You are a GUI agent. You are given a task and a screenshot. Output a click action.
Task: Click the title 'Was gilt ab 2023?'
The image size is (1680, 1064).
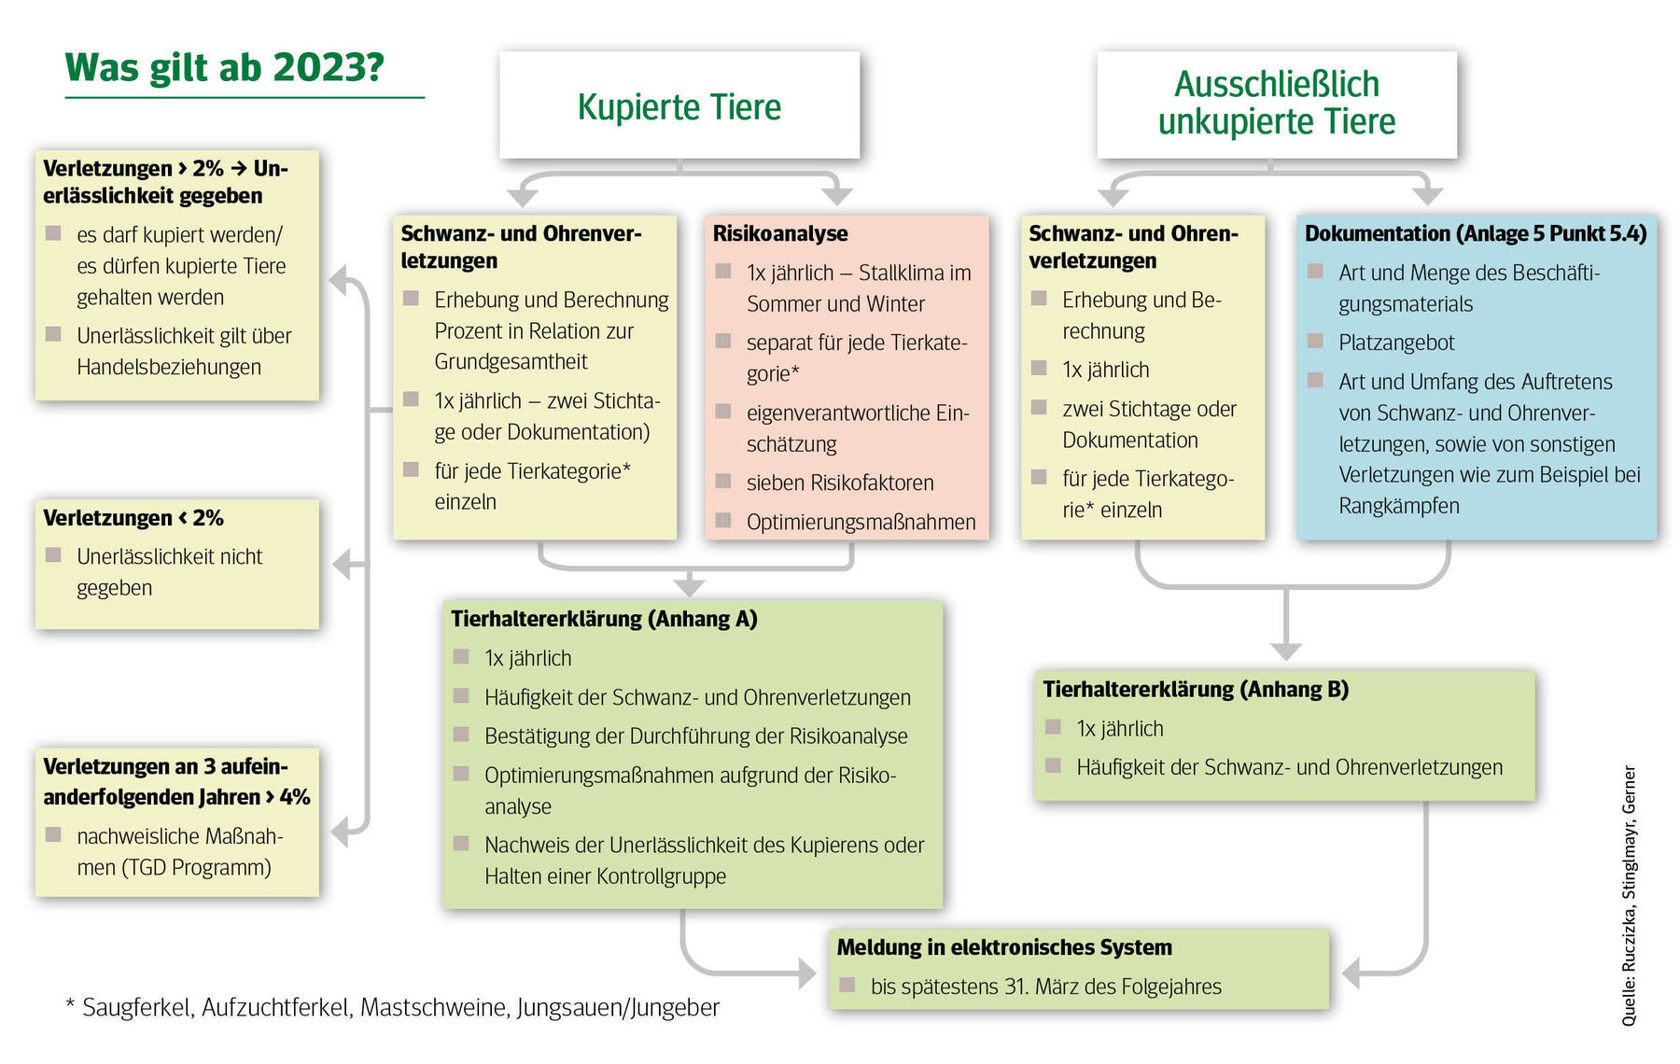[x=224, y=67]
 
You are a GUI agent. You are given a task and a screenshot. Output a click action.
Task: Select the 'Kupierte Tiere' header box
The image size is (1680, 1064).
[x=679, y=105]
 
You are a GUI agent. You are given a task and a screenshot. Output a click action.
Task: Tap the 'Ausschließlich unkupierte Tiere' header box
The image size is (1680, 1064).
[x=1276, y=104]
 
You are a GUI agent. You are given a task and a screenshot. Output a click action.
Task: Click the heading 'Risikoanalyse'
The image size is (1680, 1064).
[x=780, y=233]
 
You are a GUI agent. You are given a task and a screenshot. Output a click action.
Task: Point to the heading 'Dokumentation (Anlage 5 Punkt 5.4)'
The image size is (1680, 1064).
[x=1475, y=233]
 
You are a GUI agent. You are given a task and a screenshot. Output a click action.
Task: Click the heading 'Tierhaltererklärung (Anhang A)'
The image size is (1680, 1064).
[x=604, y=619]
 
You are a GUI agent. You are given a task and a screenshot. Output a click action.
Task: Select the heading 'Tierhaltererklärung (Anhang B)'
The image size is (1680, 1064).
[x=1196, y=690]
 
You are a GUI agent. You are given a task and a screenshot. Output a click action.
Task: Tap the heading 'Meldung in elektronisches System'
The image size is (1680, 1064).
[x=1004, y=947]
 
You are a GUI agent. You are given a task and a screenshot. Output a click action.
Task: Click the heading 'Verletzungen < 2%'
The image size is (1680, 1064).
[x=133, y=518]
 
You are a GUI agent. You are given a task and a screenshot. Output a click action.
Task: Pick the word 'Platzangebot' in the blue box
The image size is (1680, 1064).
[x=1396, y=343]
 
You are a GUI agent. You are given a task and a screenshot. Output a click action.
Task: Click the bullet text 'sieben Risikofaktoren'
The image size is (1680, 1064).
[x=840, y=483]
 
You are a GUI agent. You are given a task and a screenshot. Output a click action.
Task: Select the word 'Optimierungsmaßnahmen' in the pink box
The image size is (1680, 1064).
[x=861, y=522]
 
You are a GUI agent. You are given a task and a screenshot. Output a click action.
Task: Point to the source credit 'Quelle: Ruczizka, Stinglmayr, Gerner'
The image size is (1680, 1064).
[x=1629, y=896]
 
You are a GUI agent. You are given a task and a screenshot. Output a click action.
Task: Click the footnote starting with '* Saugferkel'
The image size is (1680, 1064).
[x=392, y=1008]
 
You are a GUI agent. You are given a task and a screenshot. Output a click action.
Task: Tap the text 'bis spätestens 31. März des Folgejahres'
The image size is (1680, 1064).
[x=1045, y=987]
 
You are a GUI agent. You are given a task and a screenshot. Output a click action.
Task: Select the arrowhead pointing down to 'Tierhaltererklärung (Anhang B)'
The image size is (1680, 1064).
[x=1286, y=651]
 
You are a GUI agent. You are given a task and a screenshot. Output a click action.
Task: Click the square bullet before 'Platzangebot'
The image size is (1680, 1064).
[x=1315, y=342]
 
